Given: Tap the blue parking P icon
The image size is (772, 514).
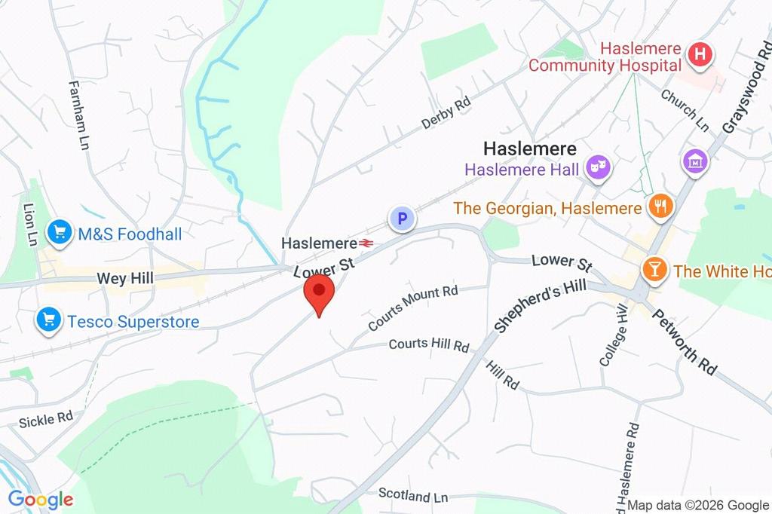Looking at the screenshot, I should click(402, 219).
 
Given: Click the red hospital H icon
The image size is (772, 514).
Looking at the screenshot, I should click(700, 54).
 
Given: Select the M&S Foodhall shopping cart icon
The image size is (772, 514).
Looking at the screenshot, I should click(60, 234).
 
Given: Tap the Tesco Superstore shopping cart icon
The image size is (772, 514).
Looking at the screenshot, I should click(49, 321).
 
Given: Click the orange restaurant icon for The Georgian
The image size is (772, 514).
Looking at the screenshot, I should click(660, 207).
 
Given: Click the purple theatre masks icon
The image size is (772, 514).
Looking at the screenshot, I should click(600, 168).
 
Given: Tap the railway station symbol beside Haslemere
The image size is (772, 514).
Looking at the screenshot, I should click(367, 243).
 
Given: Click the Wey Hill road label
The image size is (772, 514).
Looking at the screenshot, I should click(125, 279).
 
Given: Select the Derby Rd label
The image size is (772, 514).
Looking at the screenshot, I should click(446, 112).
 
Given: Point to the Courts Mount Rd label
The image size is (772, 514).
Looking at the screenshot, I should click(413, 307).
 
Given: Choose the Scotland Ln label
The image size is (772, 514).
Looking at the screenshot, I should click(413, 496).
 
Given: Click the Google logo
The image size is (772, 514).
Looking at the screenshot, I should click(40, 499).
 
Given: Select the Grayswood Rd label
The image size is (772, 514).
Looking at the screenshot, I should click(743, 94).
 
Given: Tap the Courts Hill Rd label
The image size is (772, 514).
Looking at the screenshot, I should click(429, 345).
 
